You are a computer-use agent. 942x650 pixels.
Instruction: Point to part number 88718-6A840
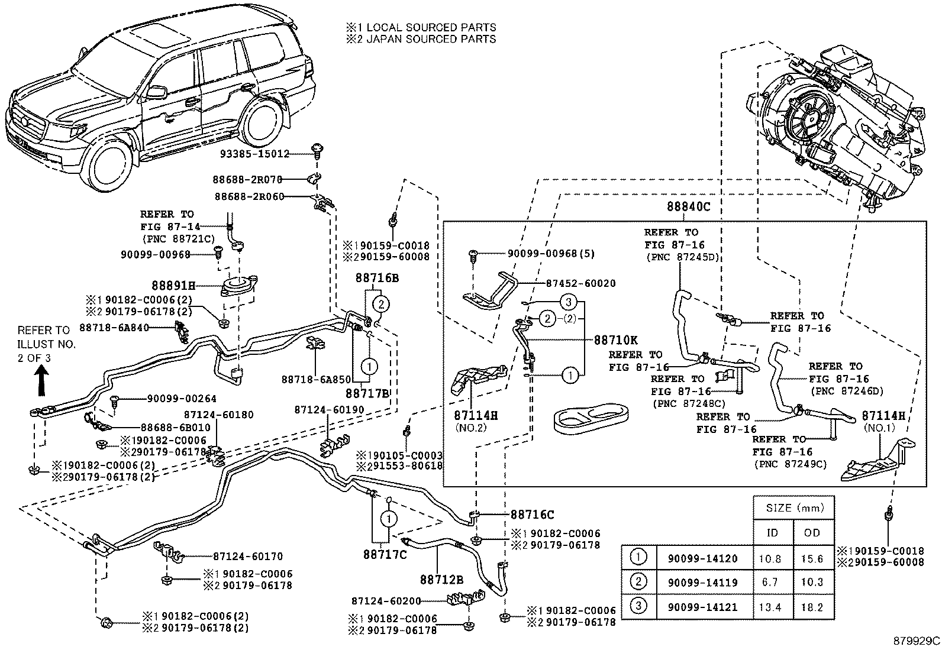114,327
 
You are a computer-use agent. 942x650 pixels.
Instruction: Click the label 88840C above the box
688,207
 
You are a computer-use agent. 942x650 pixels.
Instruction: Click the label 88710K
615,340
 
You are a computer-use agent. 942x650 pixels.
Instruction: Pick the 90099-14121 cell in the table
702,607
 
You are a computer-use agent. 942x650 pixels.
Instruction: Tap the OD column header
812,533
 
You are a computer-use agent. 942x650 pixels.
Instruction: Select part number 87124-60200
386,601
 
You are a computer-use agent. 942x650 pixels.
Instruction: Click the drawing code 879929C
916,641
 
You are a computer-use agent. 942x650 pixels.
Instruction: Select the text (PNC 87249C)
789,464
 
